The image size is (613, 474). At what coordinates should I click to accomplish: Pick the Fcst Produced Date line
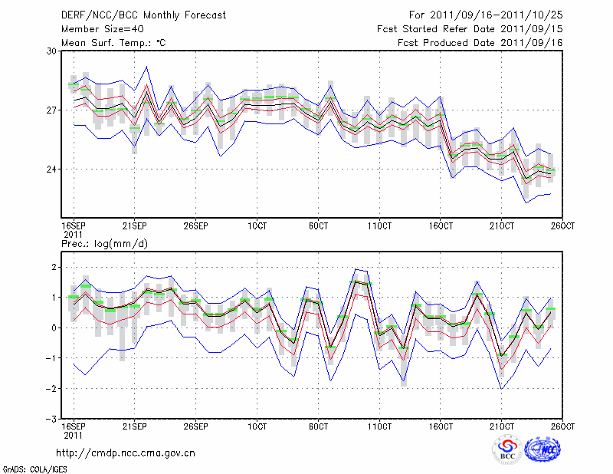(480, 43)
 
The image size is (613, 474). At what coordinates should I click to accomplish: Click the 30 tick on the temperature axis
(52, 51)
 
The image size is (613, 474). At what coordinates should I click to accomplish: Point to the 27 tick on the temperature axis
(52, 110)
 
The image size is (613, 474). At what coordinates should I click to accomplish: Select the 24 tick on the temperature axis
(52, 170)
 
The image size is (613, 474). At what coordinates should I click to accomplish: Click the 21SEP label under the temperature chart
(135, 225)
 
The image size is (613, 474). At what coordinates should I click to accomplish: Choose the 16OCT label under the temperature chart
(441, 225)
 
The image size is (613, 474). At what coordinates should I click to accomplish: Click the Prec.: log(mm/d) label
(104, 244)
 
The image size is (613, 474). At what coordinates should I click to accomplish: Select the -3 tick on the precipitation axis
(52, 420)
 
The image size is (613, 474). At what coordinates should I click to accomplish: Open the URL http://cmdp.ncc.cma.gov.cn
(126, 453)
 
